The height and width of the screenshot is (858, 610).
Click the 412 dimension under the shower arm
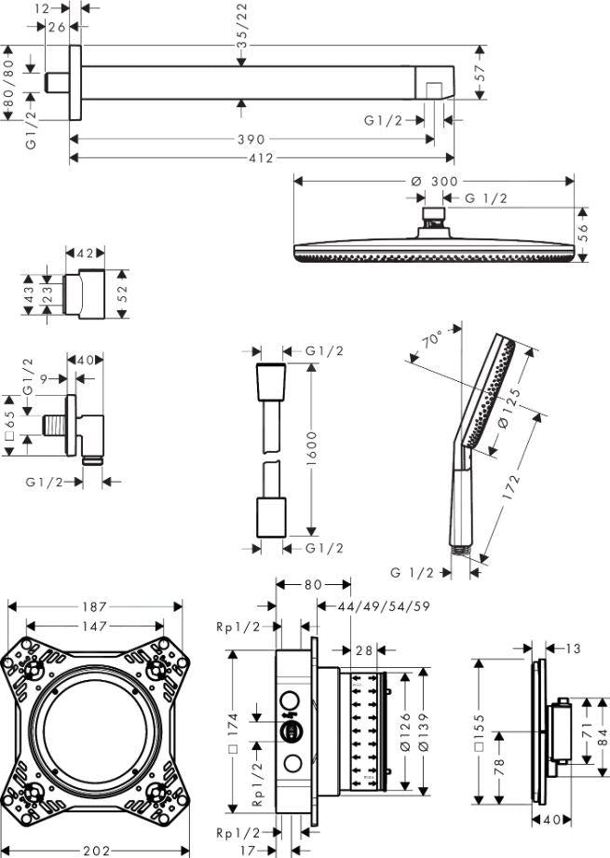pos(262,158)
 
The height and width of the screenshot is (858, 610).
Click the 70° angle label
pos(432,342)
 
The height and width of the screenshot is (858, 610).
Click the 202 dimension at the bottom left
pos(97,850)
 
